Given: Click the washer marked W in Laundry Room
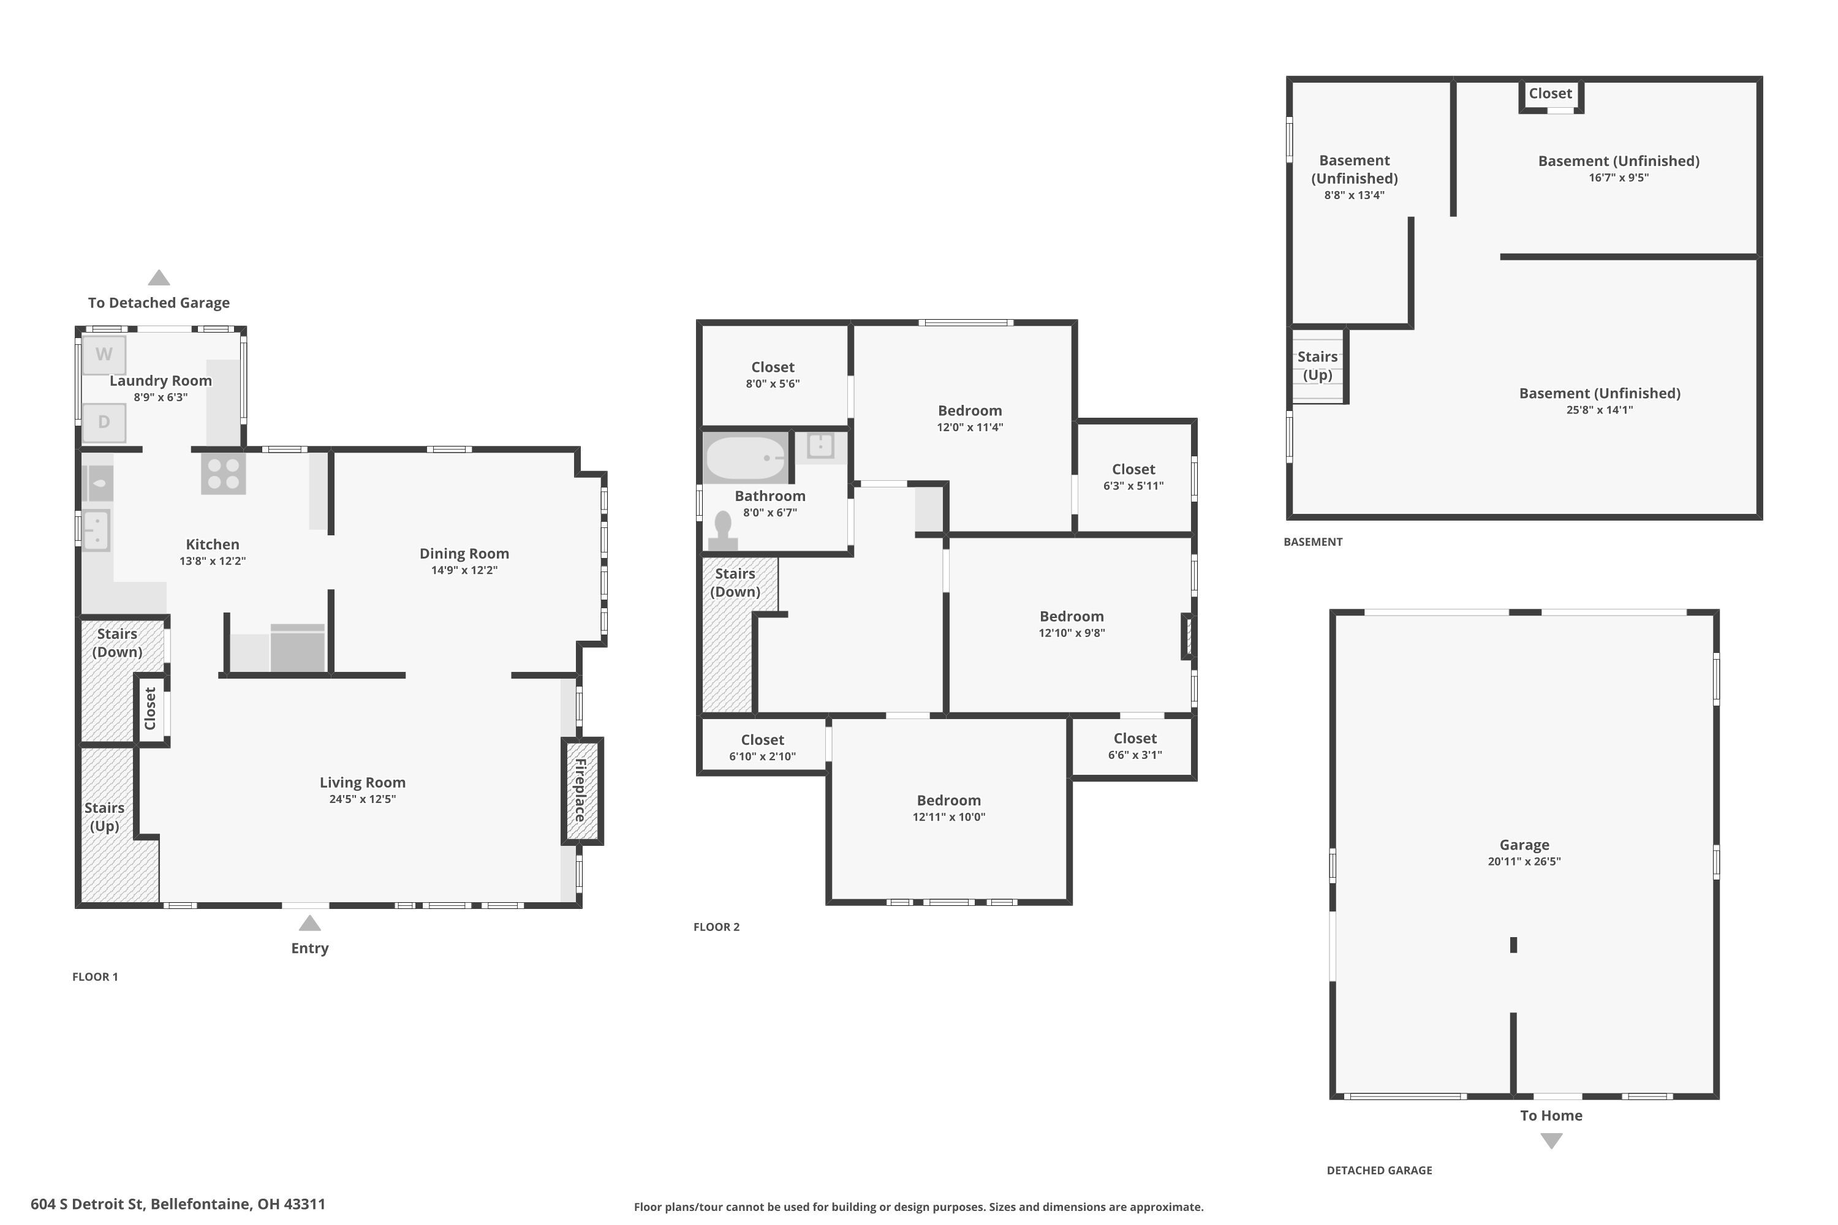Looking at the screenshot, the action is click(104, 354).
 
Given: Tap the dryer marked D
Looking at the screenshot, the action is click(104, 422).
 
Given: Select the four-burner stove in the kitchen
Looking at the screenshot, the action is click(224, 473).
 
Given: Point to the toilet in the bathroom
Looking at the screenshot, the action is click(723, 530).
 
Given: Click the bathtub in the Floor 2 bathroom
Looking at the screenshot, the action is click(746, 457).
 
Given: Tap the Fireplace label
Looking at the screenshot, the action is click(581, 790).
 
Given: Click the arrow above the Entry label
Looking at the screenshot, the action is click(309, 924).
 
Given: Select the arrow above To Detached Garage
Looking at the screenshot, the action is click(159, 277).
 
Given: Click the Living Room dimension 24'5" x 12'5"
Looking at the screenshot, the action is click(363, 799).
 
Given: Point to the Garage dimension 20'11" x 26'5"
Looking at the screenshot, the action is click(1524, 862).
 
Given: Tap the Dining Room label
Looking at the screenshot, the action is click(464, 553).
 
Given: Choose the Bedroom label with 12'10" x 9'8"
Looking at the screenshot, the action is click(1072, 616).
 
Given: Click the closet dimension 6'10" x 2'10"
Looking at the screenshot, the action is click(762, 756).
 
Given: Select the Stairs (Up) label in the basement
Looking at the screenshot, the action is click(1318, 366).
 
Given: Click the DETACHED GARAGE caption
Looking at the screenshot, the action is click(1379, 1170).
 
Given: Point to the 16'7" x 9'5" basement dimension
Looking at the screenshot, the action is click(1619, 178).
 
